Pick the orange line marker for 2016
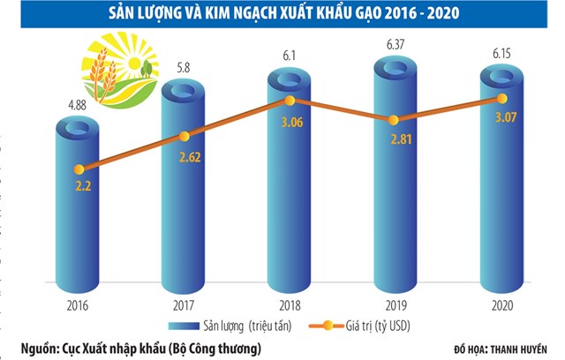[79, 169]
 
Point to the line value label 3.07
[501, 117]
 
